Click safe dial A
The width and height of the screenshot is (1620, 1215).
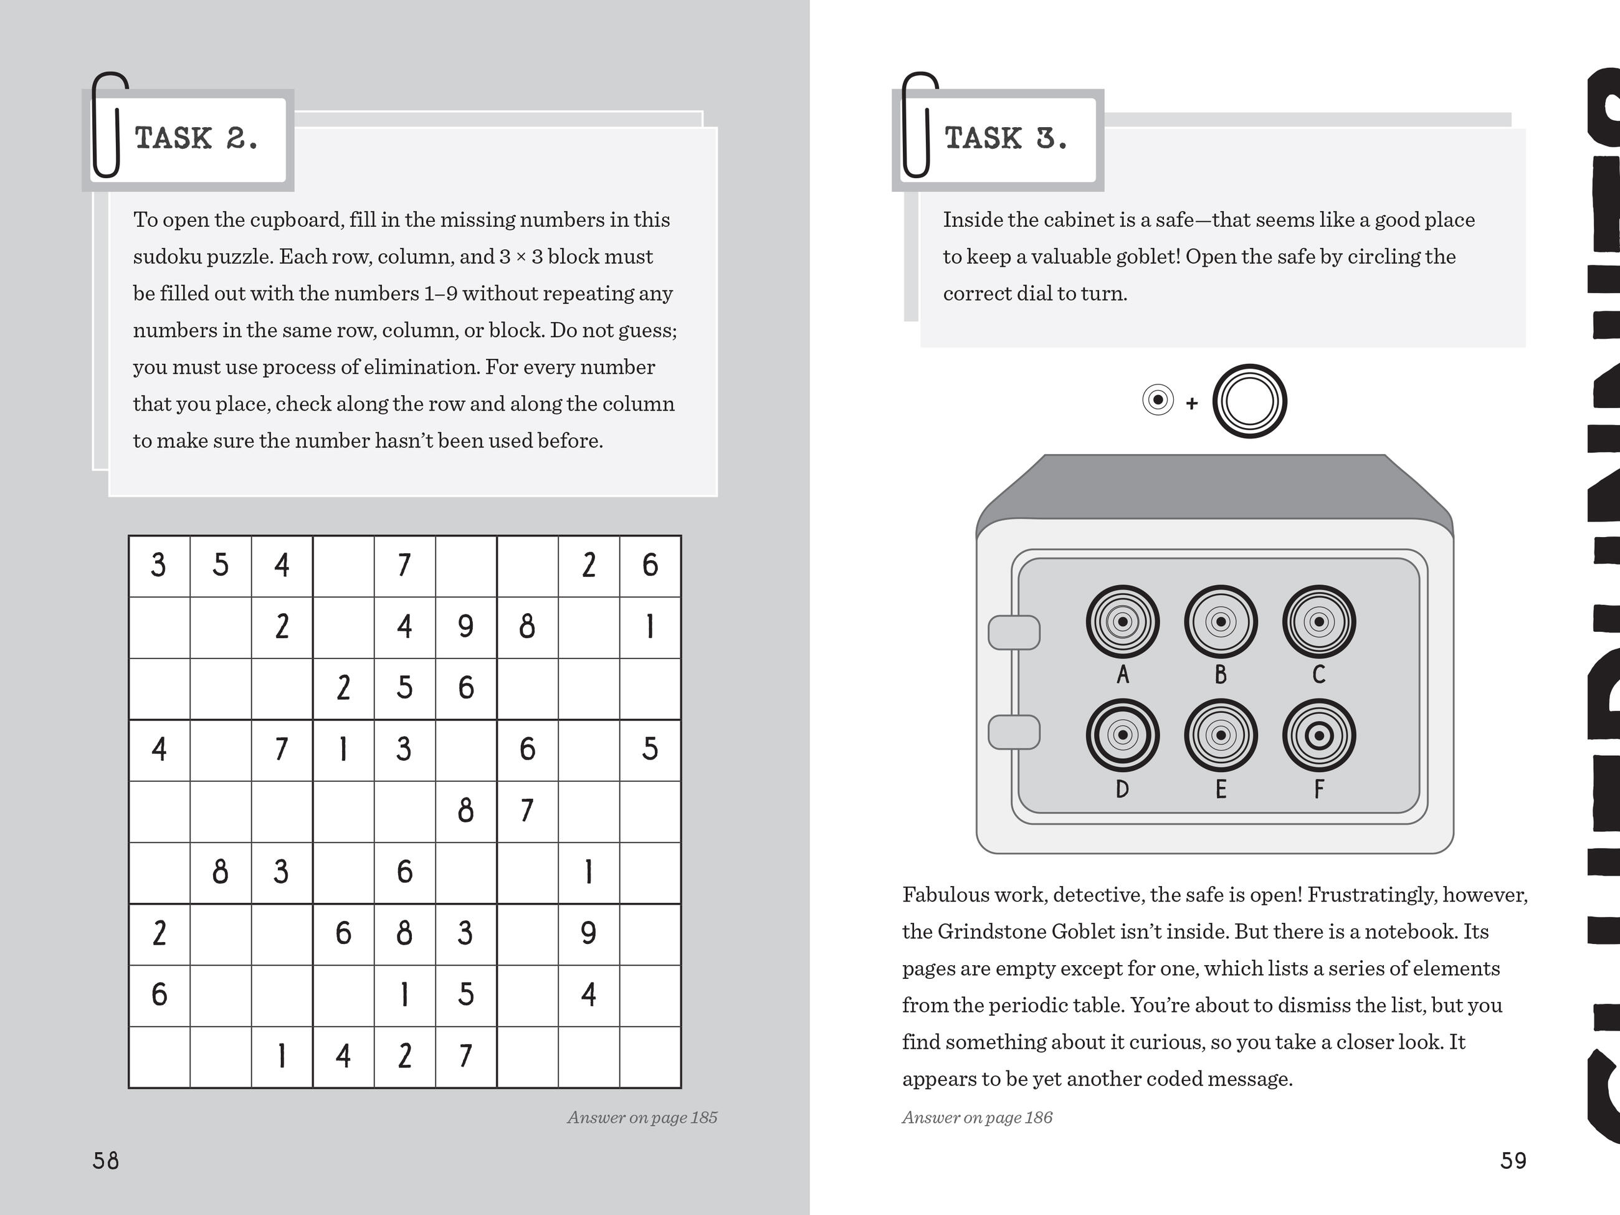click(x=1122, y=622)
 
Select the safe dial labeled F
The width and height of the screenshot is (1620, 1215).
click(x=1318, y=735)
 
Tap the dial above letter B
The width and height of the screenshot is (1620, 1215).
click(x=1220, y=622)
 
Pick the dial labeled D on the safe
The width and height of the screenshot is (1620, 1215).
click(x=1122, y=735)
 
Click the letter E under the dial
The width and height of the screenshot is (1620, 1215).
click(x=1220, y=789)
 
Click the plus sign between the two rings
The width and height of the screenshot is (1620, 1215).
click(x=1191, y=403)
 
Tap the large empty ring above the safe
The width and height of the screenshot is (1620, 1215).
click(x=1249, y=401)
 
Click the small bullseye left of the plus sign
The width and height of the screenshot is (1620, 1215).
click(x=1158, y=400)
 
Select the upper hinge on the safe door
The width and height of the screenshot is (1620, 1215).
click(x=1014, y=633)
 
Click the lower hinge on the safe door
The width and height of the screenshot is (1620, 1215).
click(x=1014, y=731)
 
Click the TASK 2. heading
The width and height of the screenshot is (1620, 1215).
click(x=196, y=138)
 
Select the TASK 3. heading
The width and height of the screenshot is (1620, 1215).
click(x=1005, y=138)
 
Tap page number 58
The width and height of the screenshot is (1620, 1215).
click(x=105, y=1161)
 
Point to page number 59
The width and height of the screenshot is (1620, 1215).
click(x=1513, y=1161)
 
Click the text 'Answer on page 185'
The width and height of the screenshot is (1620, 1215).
click(x=642, y=1118)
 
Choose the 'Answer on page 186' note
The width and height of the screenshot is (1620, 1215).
click(x=977, y=1118)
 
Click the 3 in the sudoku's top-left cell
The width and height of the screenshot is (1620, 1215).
click(x=158, y=565)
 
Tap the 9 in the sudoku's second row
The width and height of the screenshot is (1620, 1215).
click(x=466, y=627)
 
